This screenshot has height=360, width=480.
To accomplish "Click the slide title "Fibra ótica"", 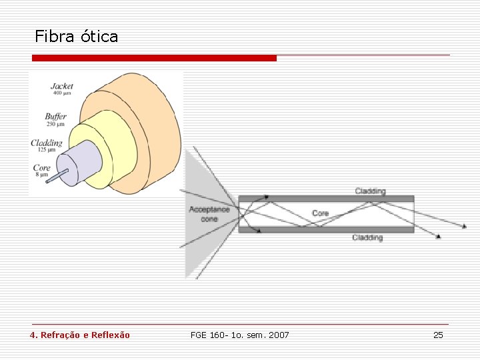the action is (76, 37).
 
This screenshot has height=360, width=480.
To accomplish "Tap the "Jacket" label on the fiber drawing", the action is (62, 87).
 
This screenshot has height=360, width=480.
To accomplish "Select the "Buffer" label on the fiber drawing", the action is (56, 117).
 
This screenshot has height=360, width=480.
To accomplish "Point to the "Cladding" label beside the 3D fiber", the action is (47, 143).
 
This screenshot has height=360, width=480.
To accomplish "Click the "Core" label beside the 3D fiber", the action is (41, 167).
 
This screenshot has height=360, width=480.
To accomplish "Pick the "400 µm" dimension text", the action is (62, 93).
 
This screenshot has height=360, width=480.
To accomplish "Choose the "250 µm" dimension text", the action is (55, 124).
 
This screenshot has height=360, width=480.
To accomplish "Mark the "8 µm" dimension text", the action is (41, 175).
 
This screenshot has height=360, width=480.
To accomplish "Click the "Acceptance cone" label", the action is (209, 214).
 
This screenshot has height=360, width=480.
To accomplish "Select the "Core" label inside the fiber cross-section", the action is (320, 213).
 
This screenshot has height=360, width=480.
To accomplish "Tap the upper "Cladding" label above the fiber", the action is (370, 191).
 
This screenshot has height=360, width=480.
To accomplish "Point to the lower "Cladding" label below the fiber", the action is (367, 237).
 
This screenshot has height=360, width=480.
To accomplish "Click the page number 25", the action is (438, 335).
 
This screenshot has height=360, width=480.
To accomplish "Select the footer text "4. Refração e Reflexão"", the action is (80, 335).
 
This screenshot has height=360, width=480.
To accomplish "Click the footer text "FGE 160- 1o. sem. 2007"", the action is (240, 335).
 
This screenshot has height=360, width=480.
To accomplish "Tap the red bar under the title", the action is (154, 59).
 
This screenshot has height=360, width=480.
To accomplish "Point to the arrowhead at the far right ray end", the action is (464, 227).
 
